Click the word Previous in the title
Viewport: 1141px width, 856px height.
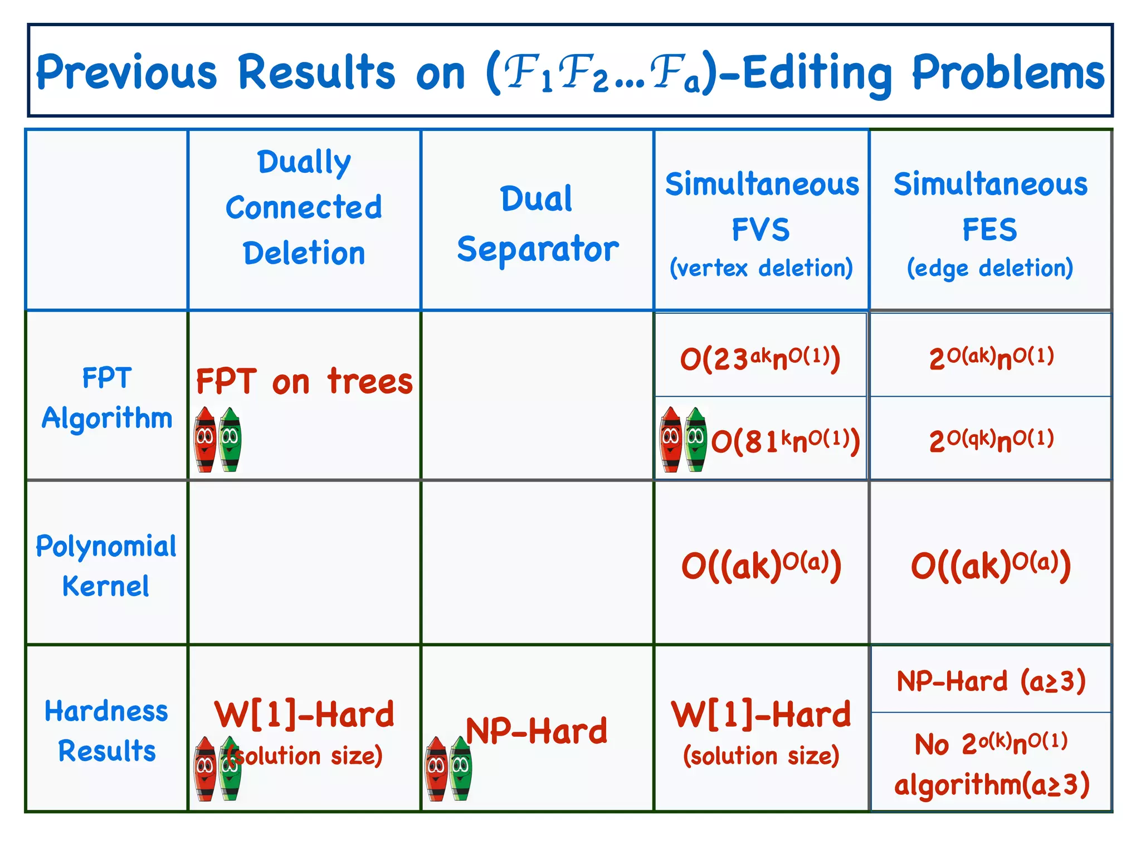tap(126, 72)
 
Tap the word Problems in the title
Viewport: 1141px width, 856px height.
tap(1007, 72)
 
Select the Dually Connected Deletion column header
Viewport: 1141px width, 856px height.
tap(304, 207)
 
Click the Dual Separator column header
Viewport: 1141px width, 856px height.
tap(537, 223)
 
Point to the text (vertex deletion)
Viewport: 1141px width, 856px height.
tap(761, 268)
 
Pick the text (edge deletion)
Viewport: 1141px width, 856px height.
tap(990, 268)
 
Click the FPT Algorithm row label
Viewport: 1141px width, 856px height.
tap(107, 398)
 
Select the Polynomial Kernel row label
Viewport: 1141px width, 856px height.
tap(106, 566)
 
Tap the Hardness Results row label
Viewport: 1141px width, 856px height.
tap(106, 731)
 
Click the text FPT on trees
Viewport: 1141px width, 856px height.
tap(304, 382)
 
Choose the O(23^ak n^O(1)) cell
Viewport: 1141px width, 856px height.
tap(760, 358)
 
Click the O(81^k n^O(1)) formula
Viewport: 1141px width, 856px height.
tap(786, 441)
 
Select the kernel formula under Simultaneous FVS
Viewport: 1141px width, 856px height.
tap(761, 565)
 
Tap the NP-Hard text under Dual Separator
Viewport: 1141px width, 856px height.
tap(537, 731)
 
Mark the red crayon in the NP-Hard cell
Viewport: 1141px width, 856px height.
tap(436, 769)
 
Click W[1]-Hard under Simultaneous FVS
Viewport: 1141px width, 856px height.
tap(761, 714)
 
